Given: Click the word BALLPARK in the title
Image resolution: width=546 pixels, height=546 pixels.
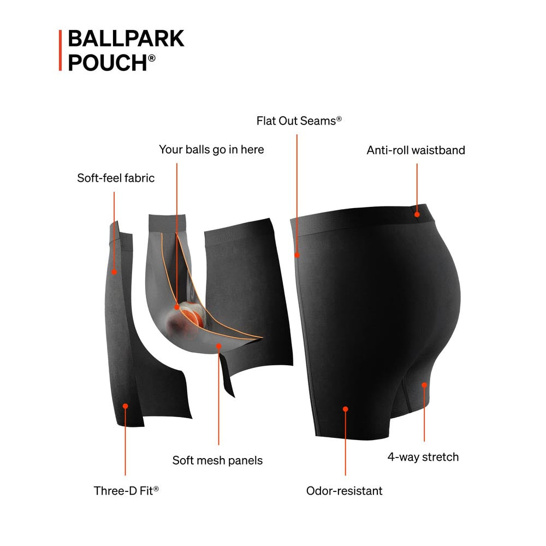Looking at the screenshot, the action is (126, 38).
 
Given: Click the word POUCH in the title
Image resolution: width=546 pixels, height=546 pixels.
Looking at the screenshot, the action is (108, 63).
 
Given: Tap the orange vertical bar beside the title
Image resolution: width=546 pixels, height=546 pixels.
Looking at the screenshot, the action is (60, 50).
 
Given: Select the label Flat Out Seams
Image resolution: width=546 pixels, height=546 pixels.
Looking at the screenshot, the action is (299, 121).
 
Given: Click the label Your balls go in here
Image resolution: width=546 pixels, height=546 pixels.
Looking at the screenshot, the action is (211, 150).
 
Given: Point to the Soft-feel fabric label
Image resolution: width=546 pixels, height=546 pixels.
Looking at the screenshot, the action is (116, 178).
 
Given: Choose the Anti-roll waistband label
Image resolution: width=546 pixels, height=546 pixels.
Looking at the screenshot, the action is (416, 150).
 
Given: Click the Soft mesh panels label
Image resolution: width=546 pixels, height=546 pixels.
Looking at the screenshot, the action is (217, 460).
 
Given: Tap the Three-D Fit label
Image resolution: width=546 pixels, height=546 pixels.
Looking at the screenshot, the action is (126, 491).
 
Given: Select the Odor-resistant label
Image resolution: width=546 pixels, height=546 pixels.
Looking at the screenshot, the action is (344, 491).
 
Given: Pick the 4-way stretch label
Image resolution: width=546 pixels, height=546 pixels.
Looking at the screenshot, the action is (423, 457).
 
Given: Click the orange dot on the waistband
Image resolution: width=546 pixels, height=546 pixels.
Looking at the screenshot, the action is (417, 215).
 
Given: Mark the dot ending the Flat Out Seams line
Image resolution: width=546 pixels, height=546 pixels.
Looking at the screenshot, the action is (297, 255).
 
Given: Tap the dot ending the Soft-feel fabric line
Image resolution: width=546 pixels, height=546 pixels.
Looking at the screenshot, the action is (114, 272).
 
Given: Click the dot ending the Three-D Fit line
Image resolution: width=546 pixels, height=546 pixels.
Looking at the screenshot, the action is (126, 406).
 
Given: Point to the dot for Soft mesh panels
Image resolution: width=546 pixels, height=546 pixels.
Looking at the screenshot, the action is (219, 346).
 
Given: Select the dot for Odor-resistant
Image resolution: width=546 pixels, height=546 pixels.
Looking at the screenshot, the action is (346, 409).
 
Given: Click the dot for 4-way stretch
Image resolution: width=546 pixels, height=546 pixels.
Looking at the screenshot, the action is (424, 385).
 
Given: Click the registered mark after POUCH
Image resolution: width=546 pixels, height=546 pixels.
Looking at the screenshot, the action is (152, 58).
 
